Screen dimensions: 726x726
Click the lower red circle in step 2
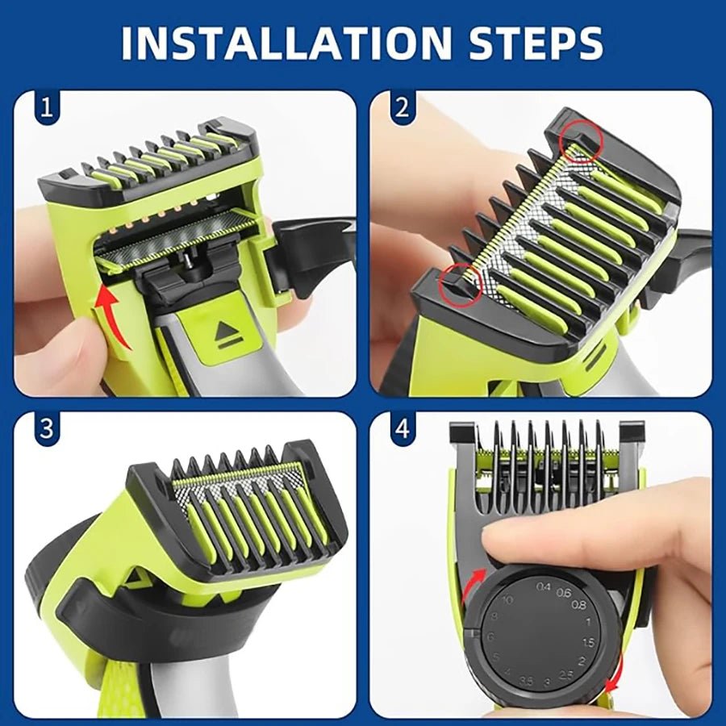464,282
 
